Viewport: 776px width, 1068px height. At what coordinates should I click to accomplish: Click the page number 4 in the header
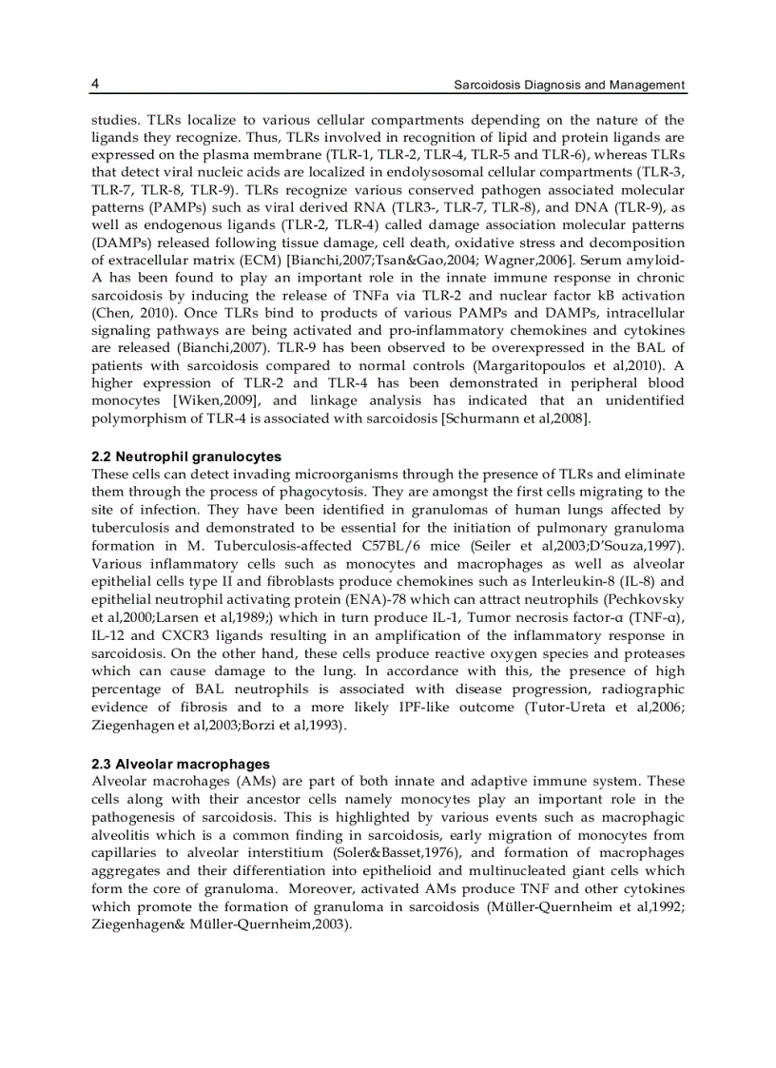95,84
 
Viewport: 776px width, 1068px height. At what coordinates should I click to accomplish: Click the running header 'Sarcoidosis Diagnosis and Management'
569,85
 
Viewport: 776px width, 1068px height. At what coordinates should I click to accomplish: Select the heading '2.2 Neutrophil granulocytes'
186,456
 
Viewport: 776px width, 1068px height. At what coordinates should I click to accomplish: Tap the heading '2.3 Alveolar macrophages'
181,764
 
